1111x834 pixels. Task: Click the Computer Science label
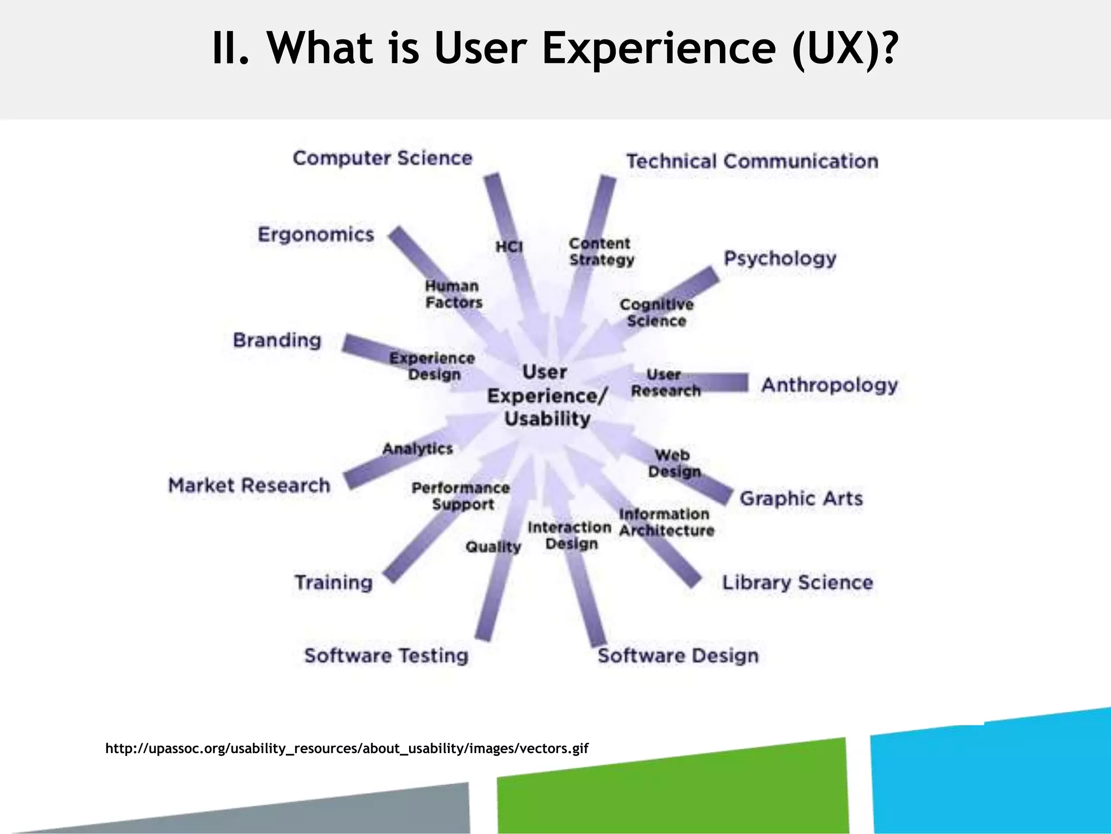[x=382, y=158]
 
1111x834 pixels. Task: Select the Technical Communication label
[x=752, y=161]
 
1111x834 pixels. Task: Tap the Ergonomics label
[x=316, y=235]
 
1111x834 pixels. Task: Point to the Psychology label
[x=780, y=258]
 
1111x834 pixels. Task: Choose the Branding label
[x=277, y=340]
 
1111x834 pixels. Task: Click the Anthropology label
[x=829, y=385]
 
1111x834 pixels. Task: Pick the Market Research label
[x=249, y=485]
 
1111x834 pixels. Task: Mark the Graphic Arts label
[x=801, y=498]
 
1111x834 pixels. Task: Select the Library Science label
[x=797, y=583]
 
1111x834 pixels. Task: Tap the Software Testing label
[x=386, y=655]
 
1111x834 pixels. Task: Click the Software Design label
[x=678, y=655]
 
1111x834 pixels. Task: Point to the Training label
[x=334, y=583]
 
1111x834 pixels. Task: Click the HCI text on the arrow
[x=509, y=247]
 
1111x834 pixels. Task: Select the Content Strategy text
[x=601, y=251]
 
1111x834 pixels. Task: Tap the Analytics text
[x=417, y=448]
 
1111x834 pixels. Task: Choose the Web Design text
[x=674, y=463]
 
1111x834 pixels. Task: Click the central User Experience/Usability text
[x=547, y=395]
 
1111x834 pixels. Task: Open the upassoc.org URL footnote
[x=347, y=749]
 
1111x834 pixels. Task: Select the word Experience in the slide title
[x=659, y=48]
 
